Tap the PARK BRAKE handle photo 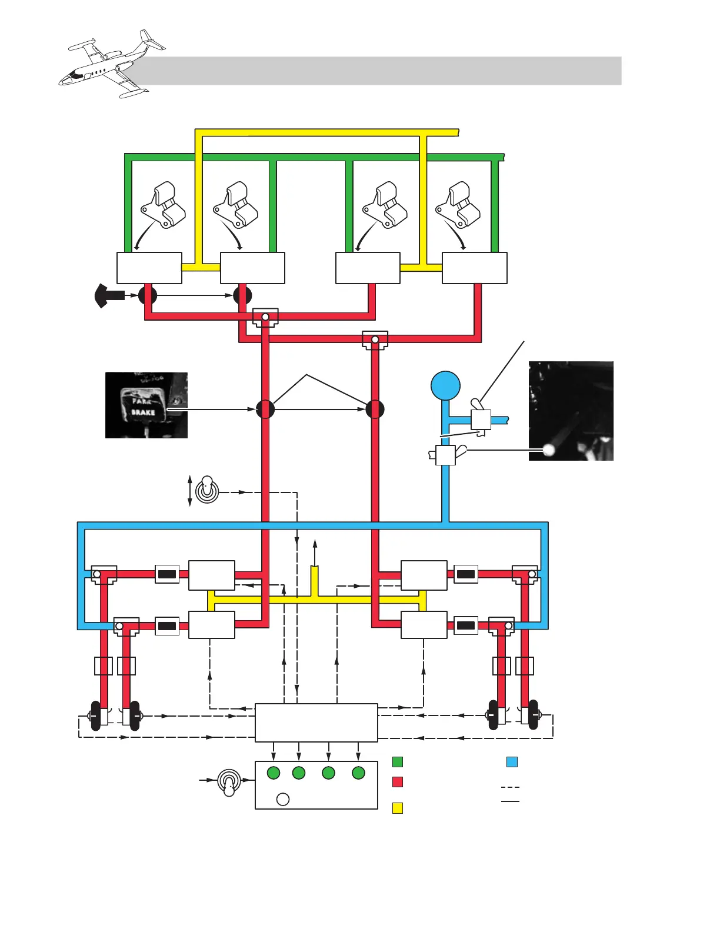(146, 405)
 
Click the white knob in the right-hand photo (550, 450)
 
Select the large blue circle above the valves (445, 386)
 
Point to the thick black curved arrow (109, 295)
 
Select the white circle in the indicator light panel (283, 799)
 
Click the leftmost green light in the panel (274, 773)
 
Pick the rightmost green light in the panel (358, 773)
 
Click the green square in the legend (398, 762)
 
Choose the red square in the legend (398, 782)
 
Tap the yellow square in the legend (398, 808)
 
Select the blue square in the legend (512, 762)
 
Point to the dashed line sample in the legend (510, 787)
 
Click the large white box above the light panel (316, 723)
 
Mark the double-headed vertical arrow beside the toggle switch (189, 491)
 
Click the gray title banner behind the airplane (382, 71)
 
